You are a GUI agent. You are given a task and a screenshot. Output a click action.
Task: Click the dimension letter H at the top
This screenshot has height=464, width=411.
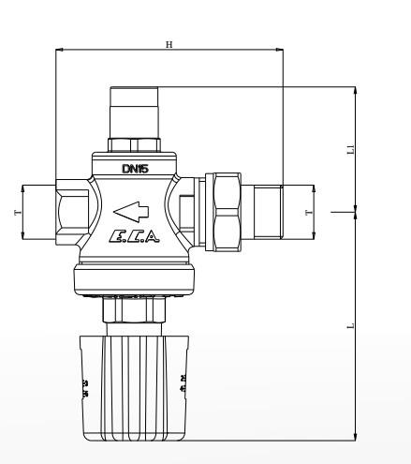169,45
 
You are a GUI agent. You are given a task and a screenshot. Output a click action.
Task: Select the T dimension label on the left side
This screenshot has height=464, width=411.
18,213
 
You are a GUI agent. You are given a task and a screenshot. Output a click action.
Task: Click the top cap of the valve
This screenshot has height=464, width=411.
135,111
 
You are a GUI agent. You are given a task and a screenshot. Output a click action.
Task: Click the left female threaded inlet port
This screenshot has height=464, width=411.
73,213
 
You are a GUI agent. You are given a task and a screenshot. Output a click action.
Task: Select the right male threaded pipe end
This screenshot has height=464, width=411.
265,213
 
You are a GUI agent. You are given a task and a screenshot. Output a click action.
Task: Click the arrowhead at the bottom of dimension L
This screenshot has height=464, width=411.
356,433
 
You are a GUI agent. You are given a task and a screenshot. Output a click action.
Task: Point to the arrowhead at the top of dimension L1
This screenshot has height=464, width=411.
356,92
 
